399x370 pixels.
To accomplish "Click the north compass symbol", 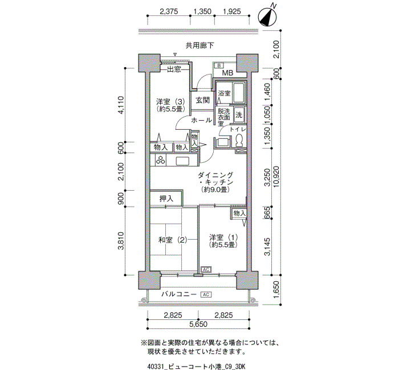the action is click(267, 17).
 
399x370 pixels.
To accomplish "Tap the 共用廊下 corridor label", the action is click(199, 46).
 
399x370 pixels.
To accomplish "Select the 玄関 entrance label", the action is click(202, 100).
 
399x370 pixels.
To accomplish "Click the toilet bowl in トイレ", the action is click(239, 141).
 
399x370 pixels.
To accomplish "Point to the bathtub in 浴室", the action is click(239, 93).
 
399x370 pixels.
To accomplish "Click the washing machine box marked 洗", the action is click(239, 115).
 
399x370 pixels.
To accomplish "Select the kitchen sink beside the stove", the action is click(182, 161).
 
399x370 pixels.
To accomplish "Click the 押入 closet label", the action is click(166, 199).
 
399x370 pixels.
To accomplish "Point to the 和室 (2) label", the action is click(173, 240).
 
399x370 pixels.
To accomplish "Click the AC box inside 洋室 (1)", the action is click(206, 269).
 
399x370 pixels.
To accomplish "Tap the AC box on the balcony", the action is click(206, 294).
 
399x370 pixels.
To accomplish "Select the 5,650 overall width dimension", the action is click(198, 324).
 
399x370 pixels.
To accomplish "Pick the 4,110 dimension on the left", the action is click(121, 105).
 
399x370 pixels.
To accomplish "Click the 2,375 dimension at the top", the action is click(169, 11).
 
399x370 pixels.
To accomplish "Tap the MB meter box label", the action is click(227, 73).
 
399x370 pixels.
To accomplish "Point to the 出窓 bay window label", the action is click(174, 69).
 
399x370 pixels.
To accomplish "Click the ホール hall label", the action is click(201, 120).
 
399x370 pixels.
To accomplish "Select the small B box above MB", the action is click(218, 66).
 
